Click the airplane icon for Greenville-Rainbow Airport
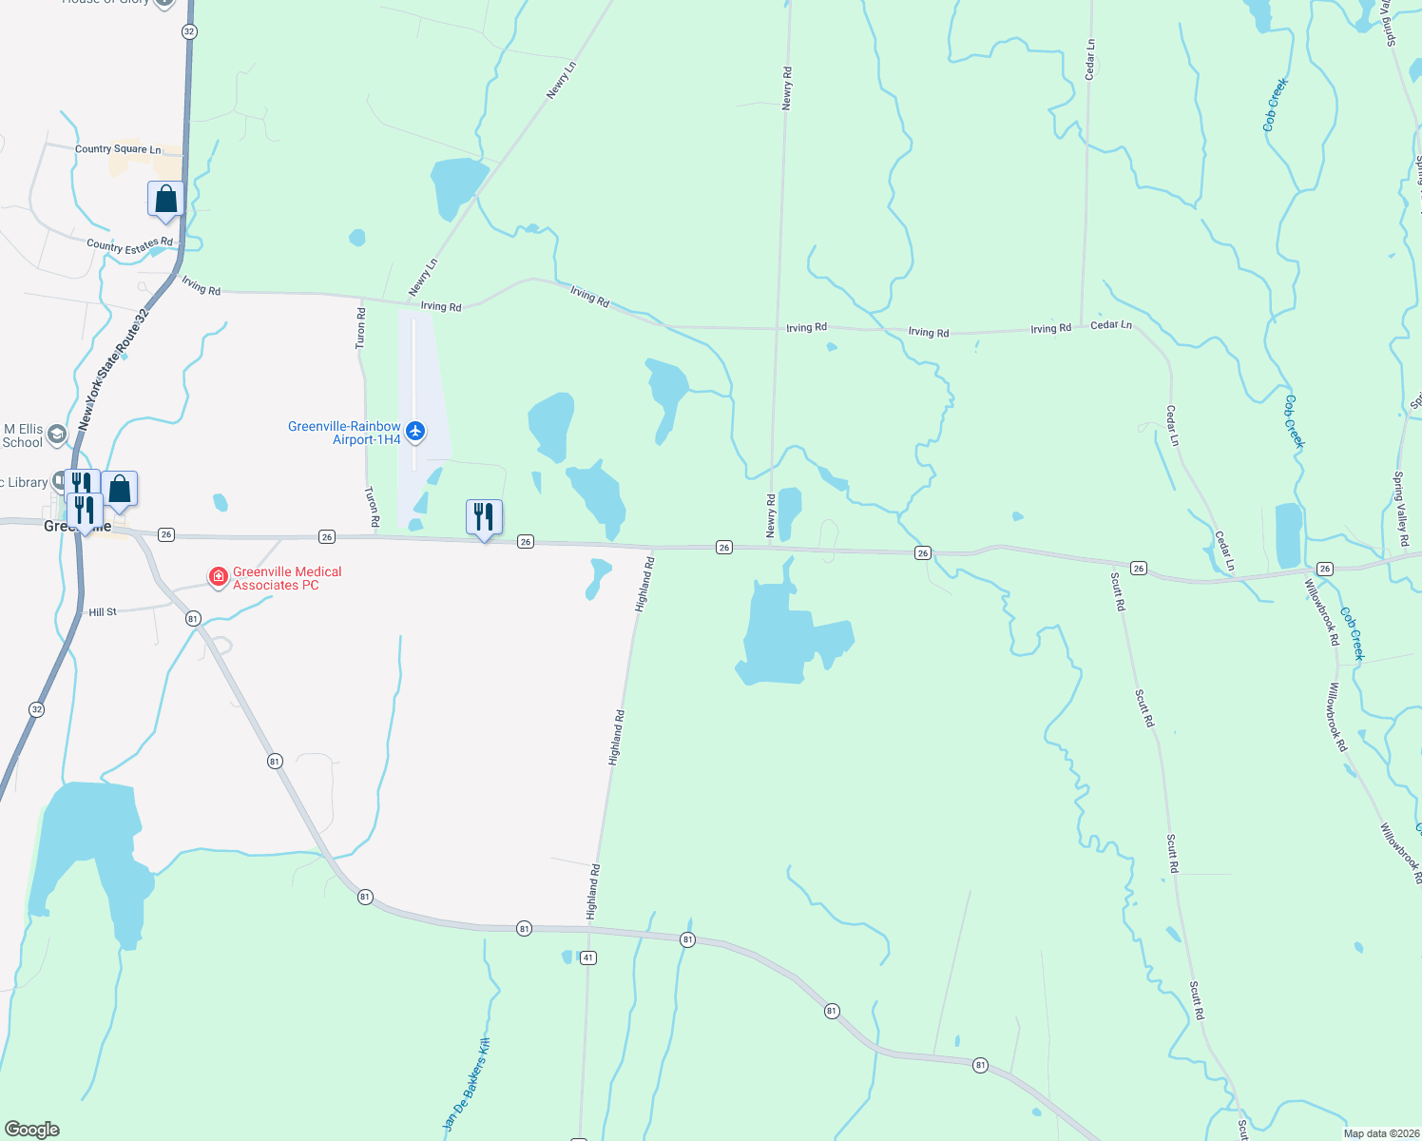click(x=414, y=432)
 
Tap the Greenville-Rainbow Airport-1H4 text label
click(x=344, y=434)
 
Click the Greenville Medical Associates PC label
click(x=287, y=578)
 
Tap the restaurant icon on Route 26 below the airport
click(x=484, y=517)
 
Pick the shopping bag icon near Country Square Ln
click(x=165, y=200)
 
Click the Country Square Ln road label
click(x=118, y=149)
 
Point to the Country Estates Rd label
click(x=130, y=245)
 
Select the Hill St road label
click(x=103, y=612)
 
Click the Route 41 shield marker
click(x=588, y=957)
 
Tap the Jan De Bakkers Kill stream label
click(x=467, y=1084)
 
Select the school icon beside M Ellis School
click(x=56, y=435)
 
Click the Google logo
click(x=32, y=1130)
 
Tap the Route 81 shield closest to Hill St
click(x=193, y=619)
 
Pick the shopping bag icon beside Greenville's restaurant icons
click(x=120, y=489)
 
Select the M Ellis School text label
click(x=23, y=436)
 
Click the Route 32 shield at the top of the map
click(x=189, y=31)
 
